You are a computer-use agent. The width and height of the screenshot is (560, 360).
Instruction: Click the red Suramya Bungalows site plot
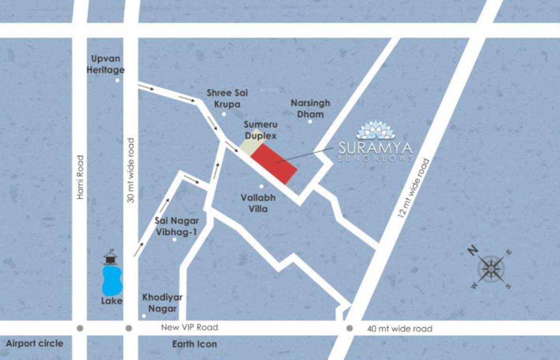pyautogui.click(x=273, y=164)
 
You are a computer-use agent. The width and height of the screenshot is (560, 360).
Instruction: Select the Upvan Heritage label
pyautogui.click(x=108, y=64)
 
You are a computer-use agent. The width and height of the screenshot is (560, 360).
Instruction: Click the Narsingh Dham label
pyautogui.click(x=310, y=108)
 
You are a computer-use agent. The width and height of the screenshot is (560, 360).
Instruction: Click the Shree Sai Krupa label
pyautogui.click(x=227, y=98)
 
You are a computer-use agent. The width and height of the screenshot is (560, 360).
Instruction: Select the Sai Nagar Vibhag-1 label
pyautogui.click(x=176, y=225)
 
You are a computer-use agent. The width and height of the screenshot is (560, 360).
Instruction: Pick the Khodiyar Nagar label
pyautogui.click(x=162, y=303)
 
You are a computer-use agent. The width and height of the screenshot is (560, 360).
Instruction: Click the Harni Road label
pyautogui.click(x=80, y=177)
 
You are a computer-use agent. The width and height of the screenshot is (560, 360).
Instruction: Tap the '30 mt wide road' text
pyautogui.click(x=131, y=170)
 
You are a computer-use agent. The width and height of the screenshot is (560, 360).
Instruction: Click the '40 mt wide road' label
pyautogui.click(x=399, y=329)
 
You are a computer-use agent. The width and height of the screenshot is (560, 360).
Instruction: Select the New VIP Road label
pyautogui.click(x=189, y=328)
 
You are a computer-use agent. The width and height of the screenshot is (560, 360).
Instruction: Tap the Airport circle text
pyautogui.click(x=34, y=344)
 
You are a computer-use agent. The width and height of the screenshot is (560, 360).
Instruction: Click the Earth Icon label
pyautogui.click(x=194, y=344)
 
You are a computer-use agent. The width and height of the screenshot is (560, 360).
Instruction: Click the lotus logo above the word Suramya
pyautogui.click(x=376, y=130)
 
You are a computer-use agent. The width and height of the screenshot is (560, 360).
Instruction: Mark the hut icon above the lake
pyautogui.click(x=110, y=257)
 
